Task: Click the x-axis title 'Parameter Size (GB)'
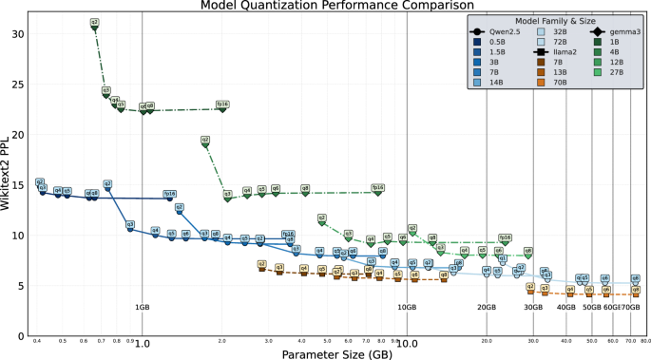click(339, 353)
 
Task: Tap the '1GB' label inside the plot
click(142, 307)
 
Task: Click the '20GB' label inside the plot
click(487, 307)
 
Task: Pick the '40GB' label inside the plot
click(566, 307)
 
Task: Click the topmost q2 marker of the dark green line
click(94, 23)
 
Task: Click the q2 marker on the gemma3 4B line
click(205, 142)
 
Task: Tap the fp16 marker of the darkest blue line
click(170, 194)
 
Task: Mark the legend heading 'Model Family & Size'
click(554, 21)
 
